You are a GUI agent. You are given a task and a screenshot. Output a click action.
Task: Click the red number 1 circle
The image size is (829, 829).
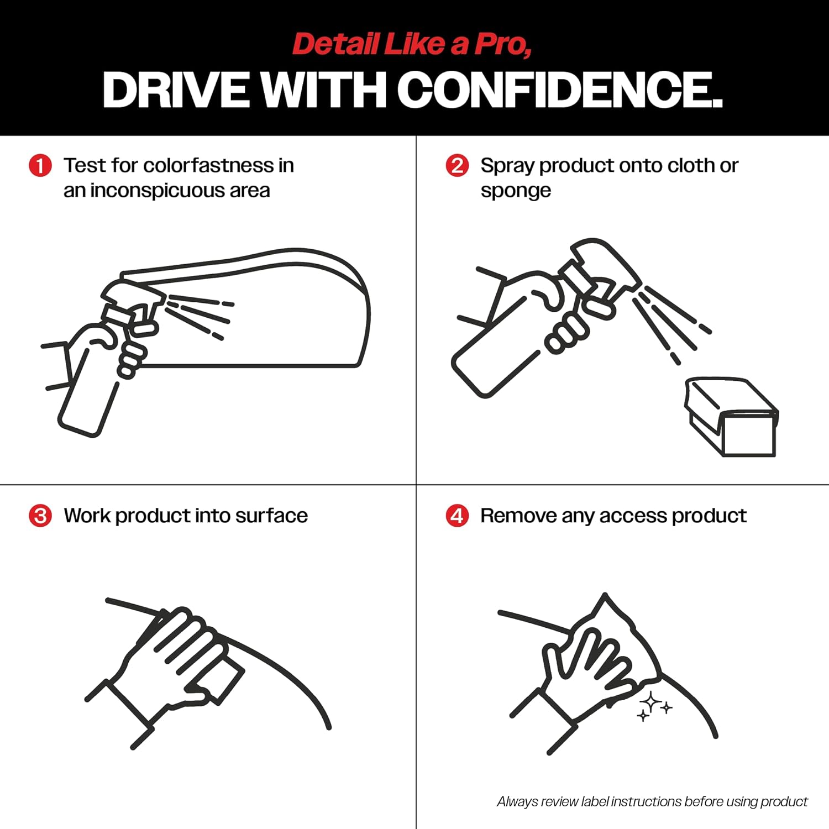tap(40, 165)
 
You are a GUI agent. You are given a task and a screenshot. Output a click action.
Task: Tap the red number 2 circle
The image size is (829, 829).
tap(457, 165)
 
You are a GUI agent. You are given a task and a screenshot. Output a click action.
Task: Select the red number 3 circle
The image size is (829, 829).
tap(40, 516)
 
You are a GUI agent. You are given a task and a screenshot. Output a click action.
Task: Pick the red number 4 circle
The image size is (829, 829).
tap(457, 516)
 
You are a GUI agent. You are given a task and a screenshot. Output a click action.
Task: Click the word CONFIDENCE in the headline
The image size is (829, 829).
tap(559, 90)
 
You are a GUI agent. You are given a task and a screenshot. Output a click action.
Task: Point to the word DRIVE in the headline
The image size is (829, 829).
tap(176, 90)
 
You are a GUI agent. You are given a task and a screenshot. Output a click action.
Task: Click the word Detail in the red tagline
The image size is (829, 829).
tap(336, 44)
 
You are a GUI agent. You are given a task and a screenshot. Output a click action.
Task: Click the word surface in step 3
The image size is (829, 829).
tap(271, 516)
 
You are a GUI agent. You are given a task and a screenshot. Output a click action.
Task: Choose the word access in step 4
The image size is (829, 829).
tap(633, 516)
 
